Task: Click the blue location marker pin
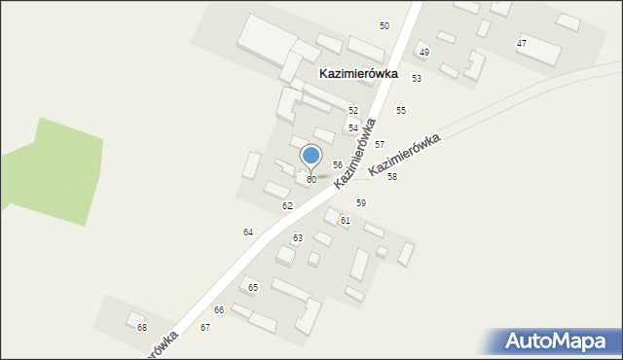point(311,156)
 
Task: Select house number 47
point(522,44)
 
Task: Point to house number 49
point(423,52)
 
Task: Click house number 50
point(385,25)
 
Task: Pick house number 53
point(417,78)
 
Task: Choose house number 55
point(400,111)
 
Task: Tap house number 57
point(380,144)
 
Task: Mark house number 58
point(391,177)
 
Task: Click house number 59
point(360,202)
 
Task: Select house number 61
point(345,221)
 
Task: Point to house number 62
point(287,206)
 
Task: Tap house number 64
point(248,232)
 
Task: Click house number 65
point(253,287)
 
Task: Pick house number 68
point(142,327)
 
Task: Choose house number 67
point(205,328)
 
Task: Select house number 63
point(298,237)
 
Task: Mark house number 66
point(219,309)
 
